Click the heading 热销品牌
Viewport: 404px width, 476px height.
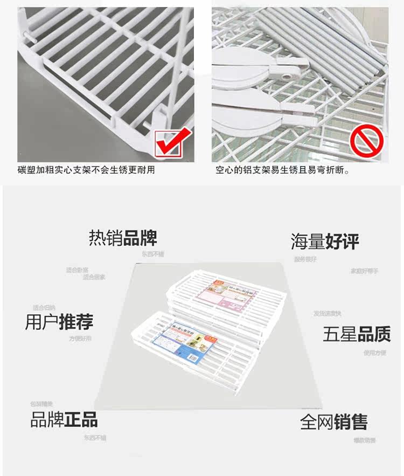pyautogui.click(x=123, y=238)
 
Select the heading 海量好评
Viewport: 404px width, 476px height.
pyautogui.click(x=325, y=241)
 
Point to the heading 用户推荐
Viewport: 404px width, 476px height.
pyautogui.click(x=59, y=322)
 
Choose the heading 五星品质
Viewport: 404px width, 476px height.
pyautogui.click(x=356, y=334)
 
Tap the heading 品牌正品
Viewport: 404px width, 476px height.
pyautogui.click(x=64, y=419)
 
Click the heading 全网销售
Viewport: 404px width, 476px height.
pyautogui.click(x=334, y=422)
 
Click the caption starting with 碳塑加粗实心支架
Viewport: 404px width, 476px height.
pyautogui.click(x=86, y=170)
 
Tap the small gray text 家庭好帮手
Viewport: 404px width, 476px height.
pyautogui.click(x=365, y=271)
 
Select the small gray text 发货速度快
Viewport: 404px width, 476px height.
pyautogui.click(x=327, y=313)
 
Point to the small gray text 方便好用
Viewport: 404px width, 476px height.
pyautogui.click(x=80, y=339)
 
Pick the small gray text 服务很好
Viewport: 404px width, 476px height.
pyautogui.click(x=305, y=259)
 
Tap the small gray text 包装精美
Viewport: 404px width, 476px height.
pyautogui.click(x=41, y=404)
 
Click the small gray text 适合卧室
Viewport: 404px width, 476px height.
pyautogui.click(x=77, y=270)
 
